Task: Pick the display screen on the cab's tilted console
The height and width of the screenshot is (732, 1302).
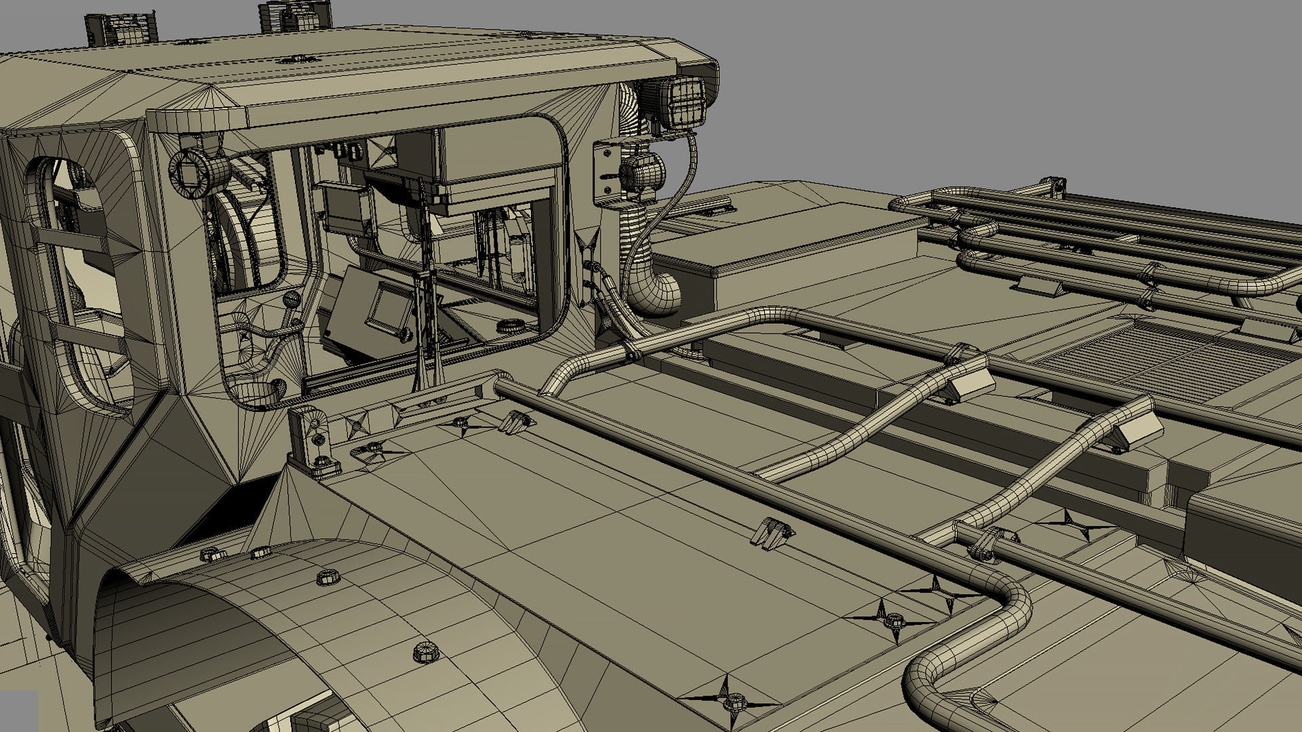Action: [387, 306]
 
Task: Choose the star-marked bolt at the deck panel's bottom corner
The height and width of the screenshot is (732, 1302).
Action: [732, 701]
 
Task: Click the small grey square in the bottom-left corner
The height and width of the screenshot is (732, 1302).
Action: [18, 710]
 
